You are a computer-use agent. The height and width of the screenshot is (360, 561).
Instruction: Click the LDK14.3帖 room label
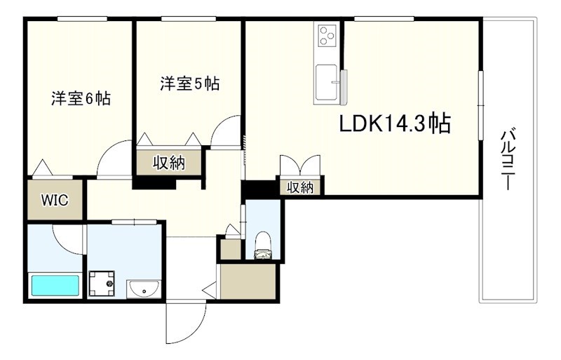pyautogui.click(x=395, y=125)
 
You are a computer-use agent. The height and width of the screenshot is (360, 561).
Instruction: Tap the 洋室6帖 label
pyautogui.click(x=80, y=98)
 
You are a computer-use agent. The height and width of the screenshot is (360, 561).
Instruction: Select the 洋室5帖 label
pyautogui.click(x=189, y=84)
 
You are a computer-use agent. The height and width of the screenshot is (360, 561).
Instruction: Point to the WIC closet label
pyautogui.click(x=54, y=200)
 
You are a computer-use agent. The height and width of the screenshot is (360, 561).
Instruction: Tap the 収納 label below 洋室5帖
pyautogui.click(x=168, y=163)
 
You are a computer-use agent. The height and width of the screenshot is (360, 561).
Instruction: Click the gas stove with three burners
pyautogui.click(x=327, y=34)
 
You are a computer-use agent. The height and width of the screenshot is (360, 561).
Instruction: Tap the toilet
pyautogui.click(x=264, y=245)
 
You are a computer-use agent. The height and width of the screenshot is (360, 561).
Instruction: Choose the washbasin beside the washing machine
pyautogui.click(x=144, y=288)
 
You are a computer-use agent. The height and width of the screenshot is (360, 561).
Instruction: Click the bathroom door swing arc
pyautogui.click(x=69, y=239)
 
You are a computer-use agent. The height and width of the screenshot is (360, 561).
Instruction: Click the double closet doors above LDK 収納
pyautogui.click(x=299, y=166)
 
